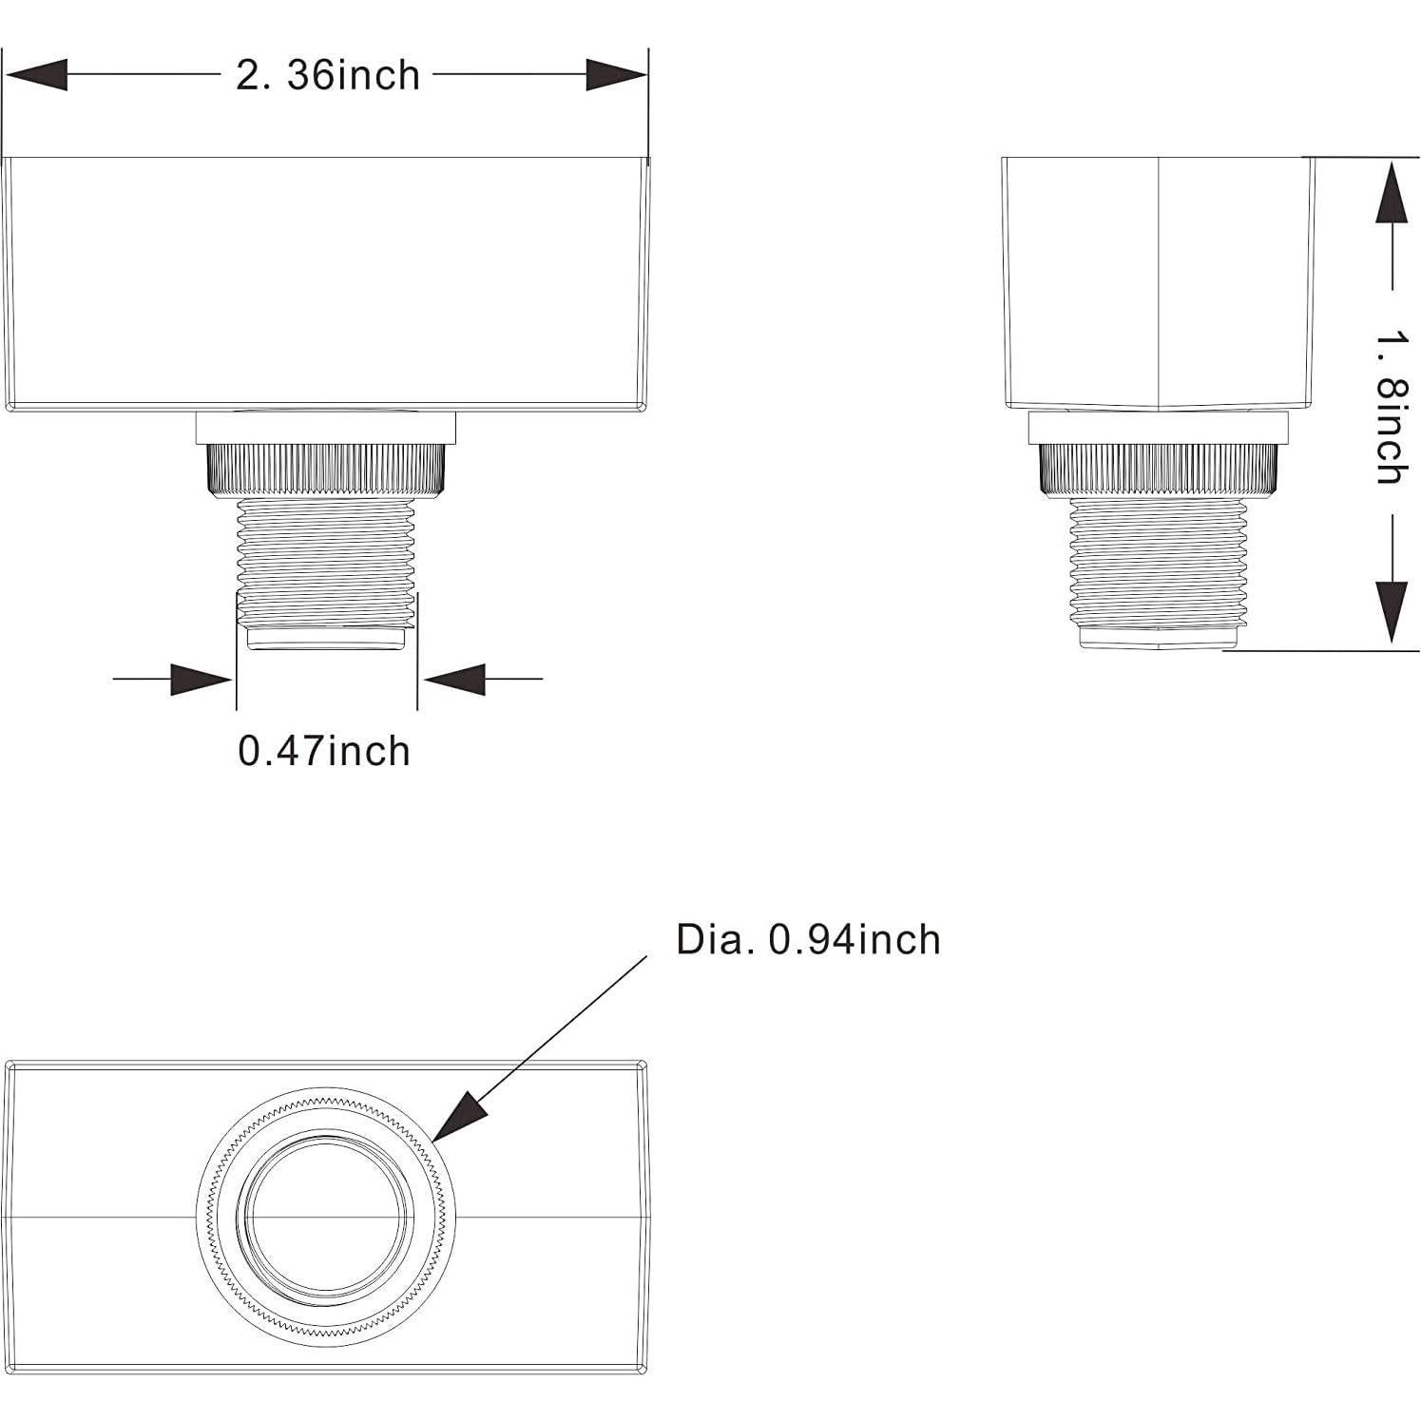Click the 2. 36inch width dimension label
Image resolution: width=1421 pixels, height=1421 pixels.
328,75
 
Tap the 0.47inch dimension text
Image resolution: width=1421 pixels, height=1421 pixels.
324,751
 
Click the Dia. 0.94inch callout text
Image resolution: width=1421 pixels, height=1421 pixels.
808,939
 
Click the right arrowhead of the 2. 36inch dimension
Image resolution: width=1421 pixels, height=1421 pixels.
616,75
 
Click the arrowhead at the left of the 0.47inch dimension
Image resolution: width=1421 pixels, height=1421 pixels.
202,680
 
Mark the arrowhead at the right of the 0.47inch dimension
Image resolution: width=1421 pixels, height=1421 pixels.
454,680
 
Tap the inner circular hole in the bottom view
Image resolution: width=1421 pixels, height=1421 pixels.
325,1218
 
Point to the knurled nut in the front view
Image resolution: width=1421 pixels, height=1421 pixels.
326,469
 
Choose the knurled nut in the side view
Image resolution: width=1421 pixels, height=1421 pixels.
1158,470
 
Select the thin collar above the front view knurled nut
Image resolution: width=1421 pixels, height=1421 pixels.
326,428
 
